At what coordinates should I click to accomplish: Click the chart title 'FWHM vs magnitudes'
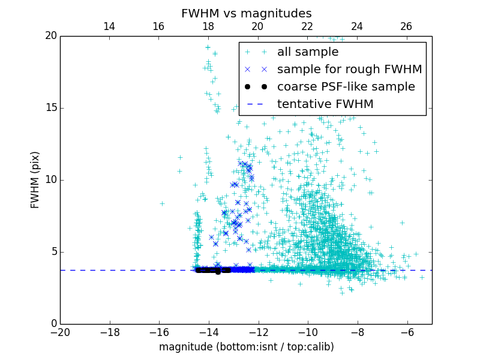(246, 13)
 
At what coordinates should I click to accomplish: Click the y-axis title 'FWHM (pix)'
(35, 180)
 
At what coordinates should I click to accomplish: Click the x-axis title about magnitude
(246, 347)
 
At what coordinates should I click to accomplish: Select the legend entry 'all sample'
(307, 52)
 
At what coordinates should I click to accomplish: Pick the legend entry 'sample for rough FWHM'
(349, 69)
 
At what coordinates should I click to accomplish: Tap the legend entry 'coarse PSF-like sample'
(346, 86)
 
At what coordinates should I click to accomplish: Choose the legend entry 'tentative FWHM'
(325, 104)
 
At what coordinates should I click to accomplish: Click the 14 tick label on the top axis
(109, 26)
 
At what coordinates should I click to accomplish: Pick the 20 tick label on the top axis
(257, 26)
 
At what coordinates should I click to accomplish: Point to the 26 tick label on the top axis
(406, 26)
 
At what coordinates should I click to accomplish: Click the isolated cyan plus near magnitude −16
(162, 203)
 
